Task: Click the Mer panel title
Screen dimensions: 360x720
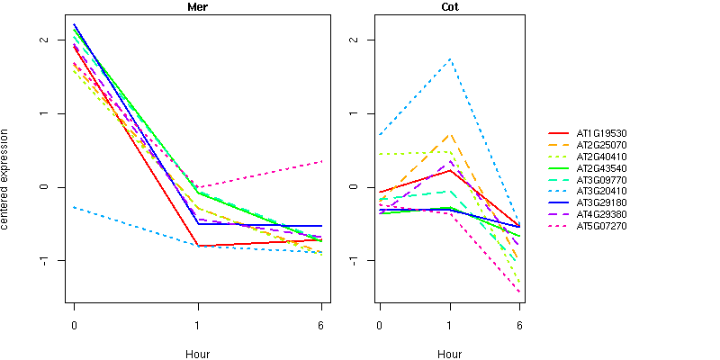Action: click(x=198, y=7)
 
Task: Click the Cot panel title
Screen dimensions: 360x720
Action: click(x=449, y=7)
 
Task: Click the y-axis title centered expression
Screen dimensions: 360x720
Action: click(x=7, y=178)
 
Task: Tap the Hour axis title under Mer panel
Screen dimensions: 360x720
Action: click(x=198, y=355)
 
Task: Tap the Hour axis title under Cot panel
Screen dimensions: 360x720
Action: click(x=449, y=355)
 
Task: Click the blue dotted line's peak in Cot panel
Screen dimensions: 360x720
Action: click(x=449, y=59)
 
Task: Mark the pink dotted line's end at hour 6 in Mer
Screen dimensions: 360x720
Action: click(x=321, y=162)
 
